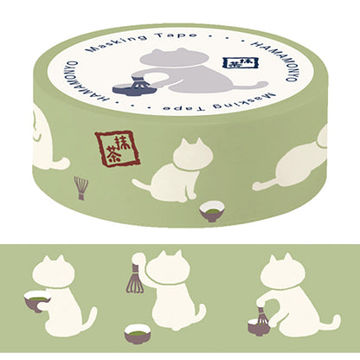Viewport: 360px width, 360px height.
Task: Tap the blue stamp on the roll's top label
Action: point(234,64)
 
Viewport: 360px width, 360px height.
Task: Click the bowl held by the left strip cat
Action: point(37,301)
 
